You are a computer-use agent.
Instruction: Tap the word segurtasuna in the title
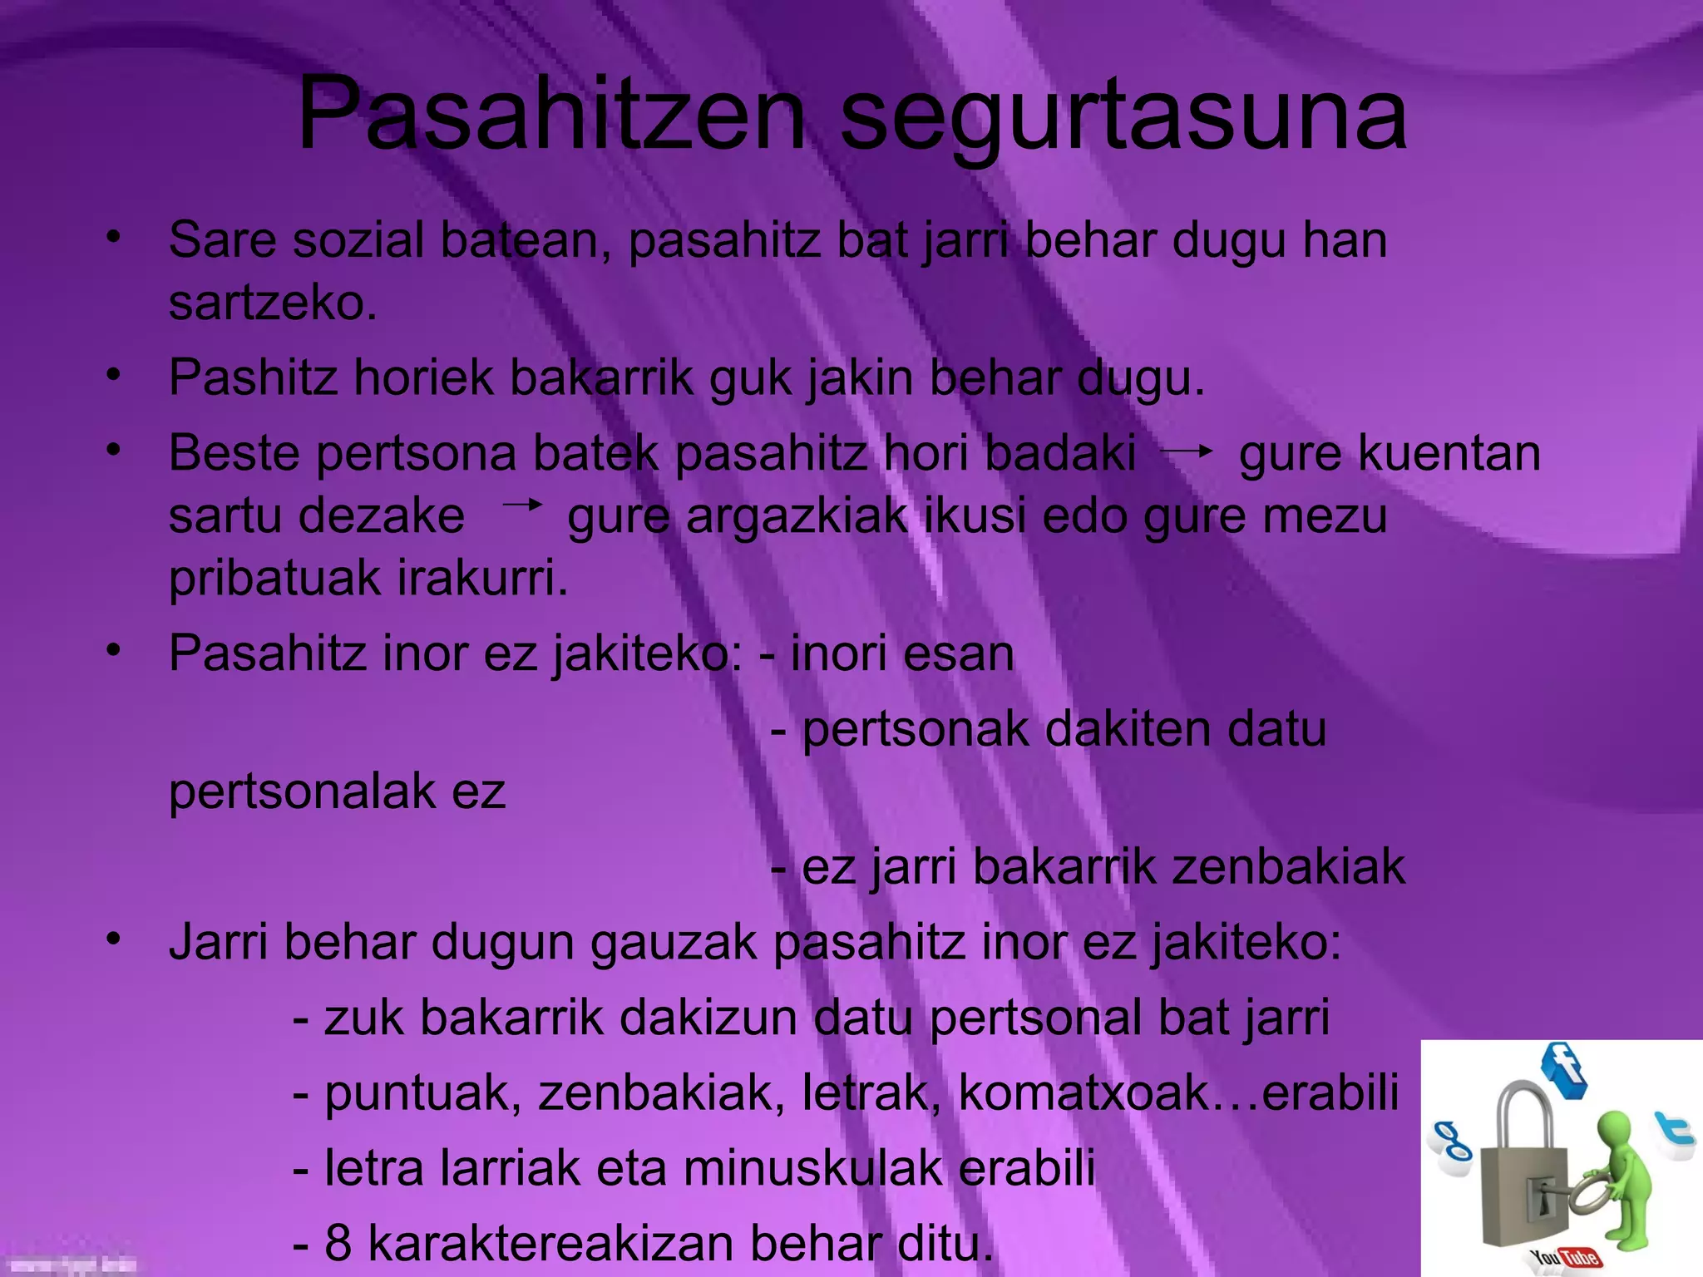coord(1123,116)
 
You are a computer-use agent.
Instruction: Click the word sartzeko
coord(273,303)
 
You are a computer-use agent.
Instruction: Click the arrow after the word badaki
coord(1187,451)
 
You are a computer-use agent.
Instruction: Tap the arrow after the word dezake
coord(522,505)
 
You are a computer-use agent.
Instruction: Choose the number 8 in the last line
coord(338,1243)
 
